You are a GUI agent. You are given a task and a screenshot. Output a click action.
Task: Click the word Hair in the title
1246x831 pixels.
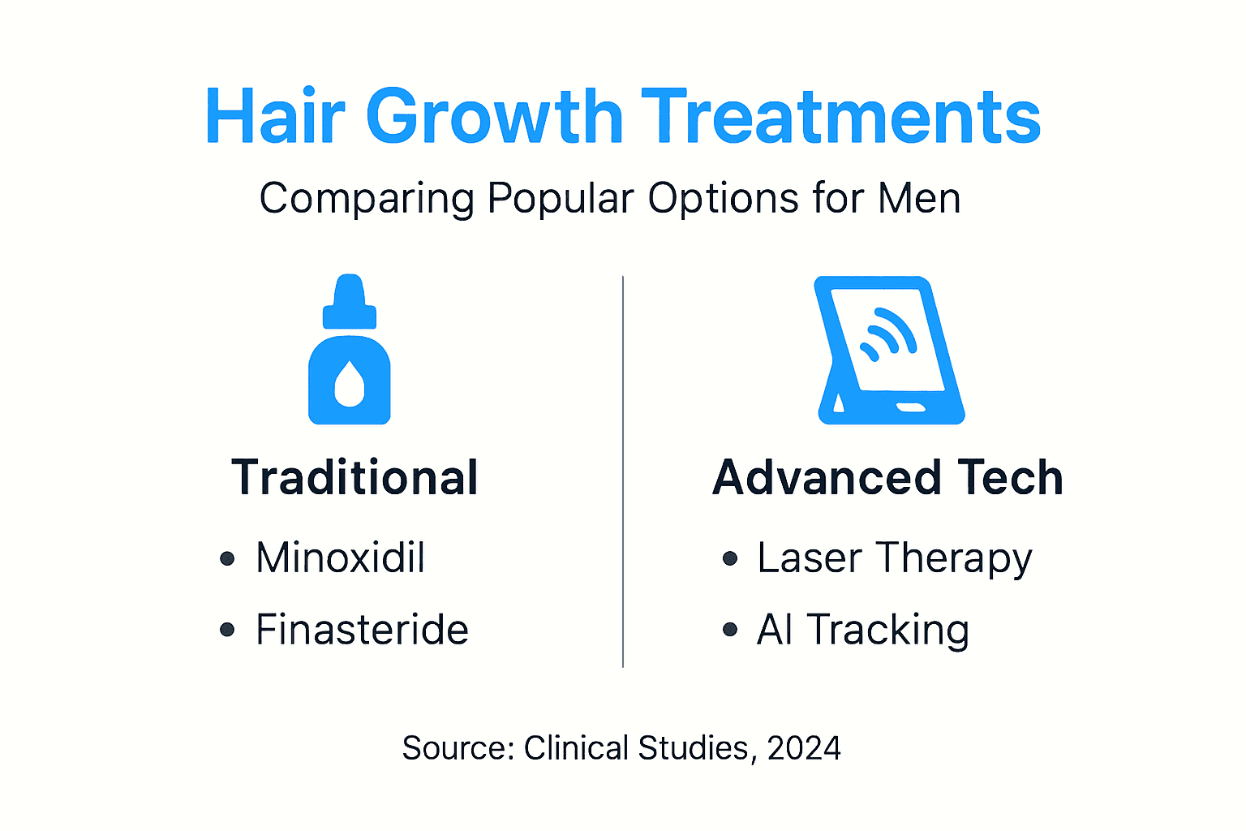(275, 117)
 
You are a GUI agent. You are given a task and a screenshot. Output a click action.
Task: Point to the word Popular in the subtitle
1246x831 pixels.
(560, 198)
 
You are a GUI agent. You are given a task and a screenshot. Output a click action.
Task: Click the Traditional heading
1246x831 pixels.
(354, 477)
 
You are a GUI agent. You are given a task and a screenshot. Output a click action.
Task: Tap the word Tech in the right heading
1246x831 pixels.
(1010, 477)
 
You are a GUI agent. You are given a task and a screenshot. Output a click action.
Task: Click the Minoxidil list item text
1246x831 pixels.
(340, 558)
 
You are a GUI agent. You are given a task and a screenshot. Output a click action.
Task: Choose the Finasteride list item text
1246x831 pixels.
(362, 630)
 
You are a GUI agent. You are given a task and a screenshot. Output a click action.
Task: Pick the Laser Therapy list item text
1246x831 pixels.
(894, 558)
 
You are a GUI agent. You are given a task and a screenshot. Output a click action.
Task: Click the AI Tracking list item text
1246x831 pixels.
(862, 630)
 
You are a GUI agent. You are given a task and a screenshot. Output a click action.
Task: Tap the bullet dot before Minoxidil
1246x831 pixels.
(227, 558)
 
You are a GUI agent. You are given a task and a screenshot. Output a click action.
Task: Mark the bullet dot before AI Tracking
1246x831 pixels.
(730, 630)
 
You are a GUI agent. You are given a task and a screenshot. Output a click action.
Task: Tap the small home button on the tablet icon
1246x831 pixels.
(910, 407)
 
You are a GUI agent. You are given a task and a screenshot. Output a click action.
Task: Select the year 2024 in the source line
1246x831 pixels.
(804, 748)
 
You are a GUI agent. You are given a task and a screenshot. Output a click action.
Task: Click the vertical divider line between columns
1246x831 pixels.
(623, 471)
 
